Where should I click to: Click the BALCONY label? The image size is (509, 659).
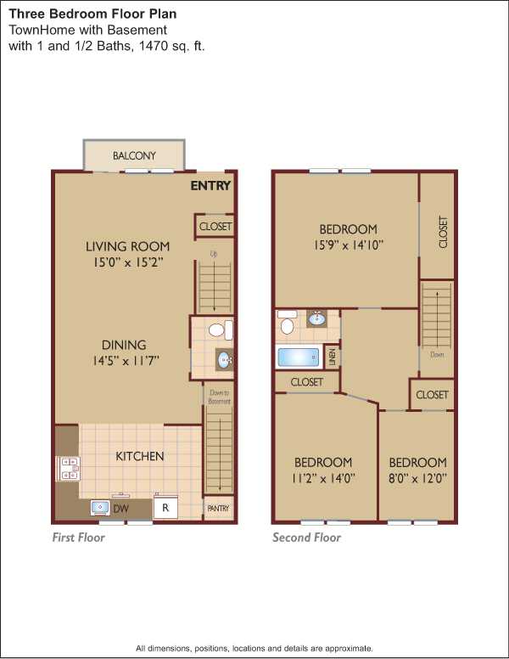click(134, 155)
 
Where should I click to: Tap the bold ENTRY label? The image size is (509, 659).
click(210, 185)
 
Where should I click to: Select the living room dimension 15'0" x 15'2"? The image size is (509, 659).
click(127, 262)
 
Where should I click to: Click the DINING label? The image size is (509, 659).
click(124, 345)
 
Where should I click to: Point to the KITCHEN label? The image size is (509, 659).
click(139, 456)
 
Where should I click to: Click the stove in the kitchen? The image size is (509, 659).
click(68, 469)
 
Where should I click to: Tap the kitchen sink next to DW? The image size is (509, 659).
click(100, 508)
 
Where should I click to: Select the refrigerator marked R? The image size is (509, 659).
click(165, 507)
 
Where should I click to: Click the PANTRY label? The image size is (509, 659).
click(218, 509)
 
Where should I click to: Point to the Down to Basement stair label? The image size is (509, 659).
click(220, 397)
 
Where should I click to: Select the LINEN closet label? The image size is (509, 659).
click(332, 358)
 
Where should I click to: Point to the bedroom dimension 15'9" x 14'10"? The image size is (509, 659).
click(348, 245)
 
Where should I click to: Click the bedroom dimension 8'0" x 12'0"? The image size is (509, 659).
click(417, 478)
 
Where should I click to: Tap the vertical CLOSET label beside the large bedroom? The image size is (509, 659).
click(443, 232)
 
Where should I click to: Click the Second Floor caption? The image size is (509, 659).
click(306, 537)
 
